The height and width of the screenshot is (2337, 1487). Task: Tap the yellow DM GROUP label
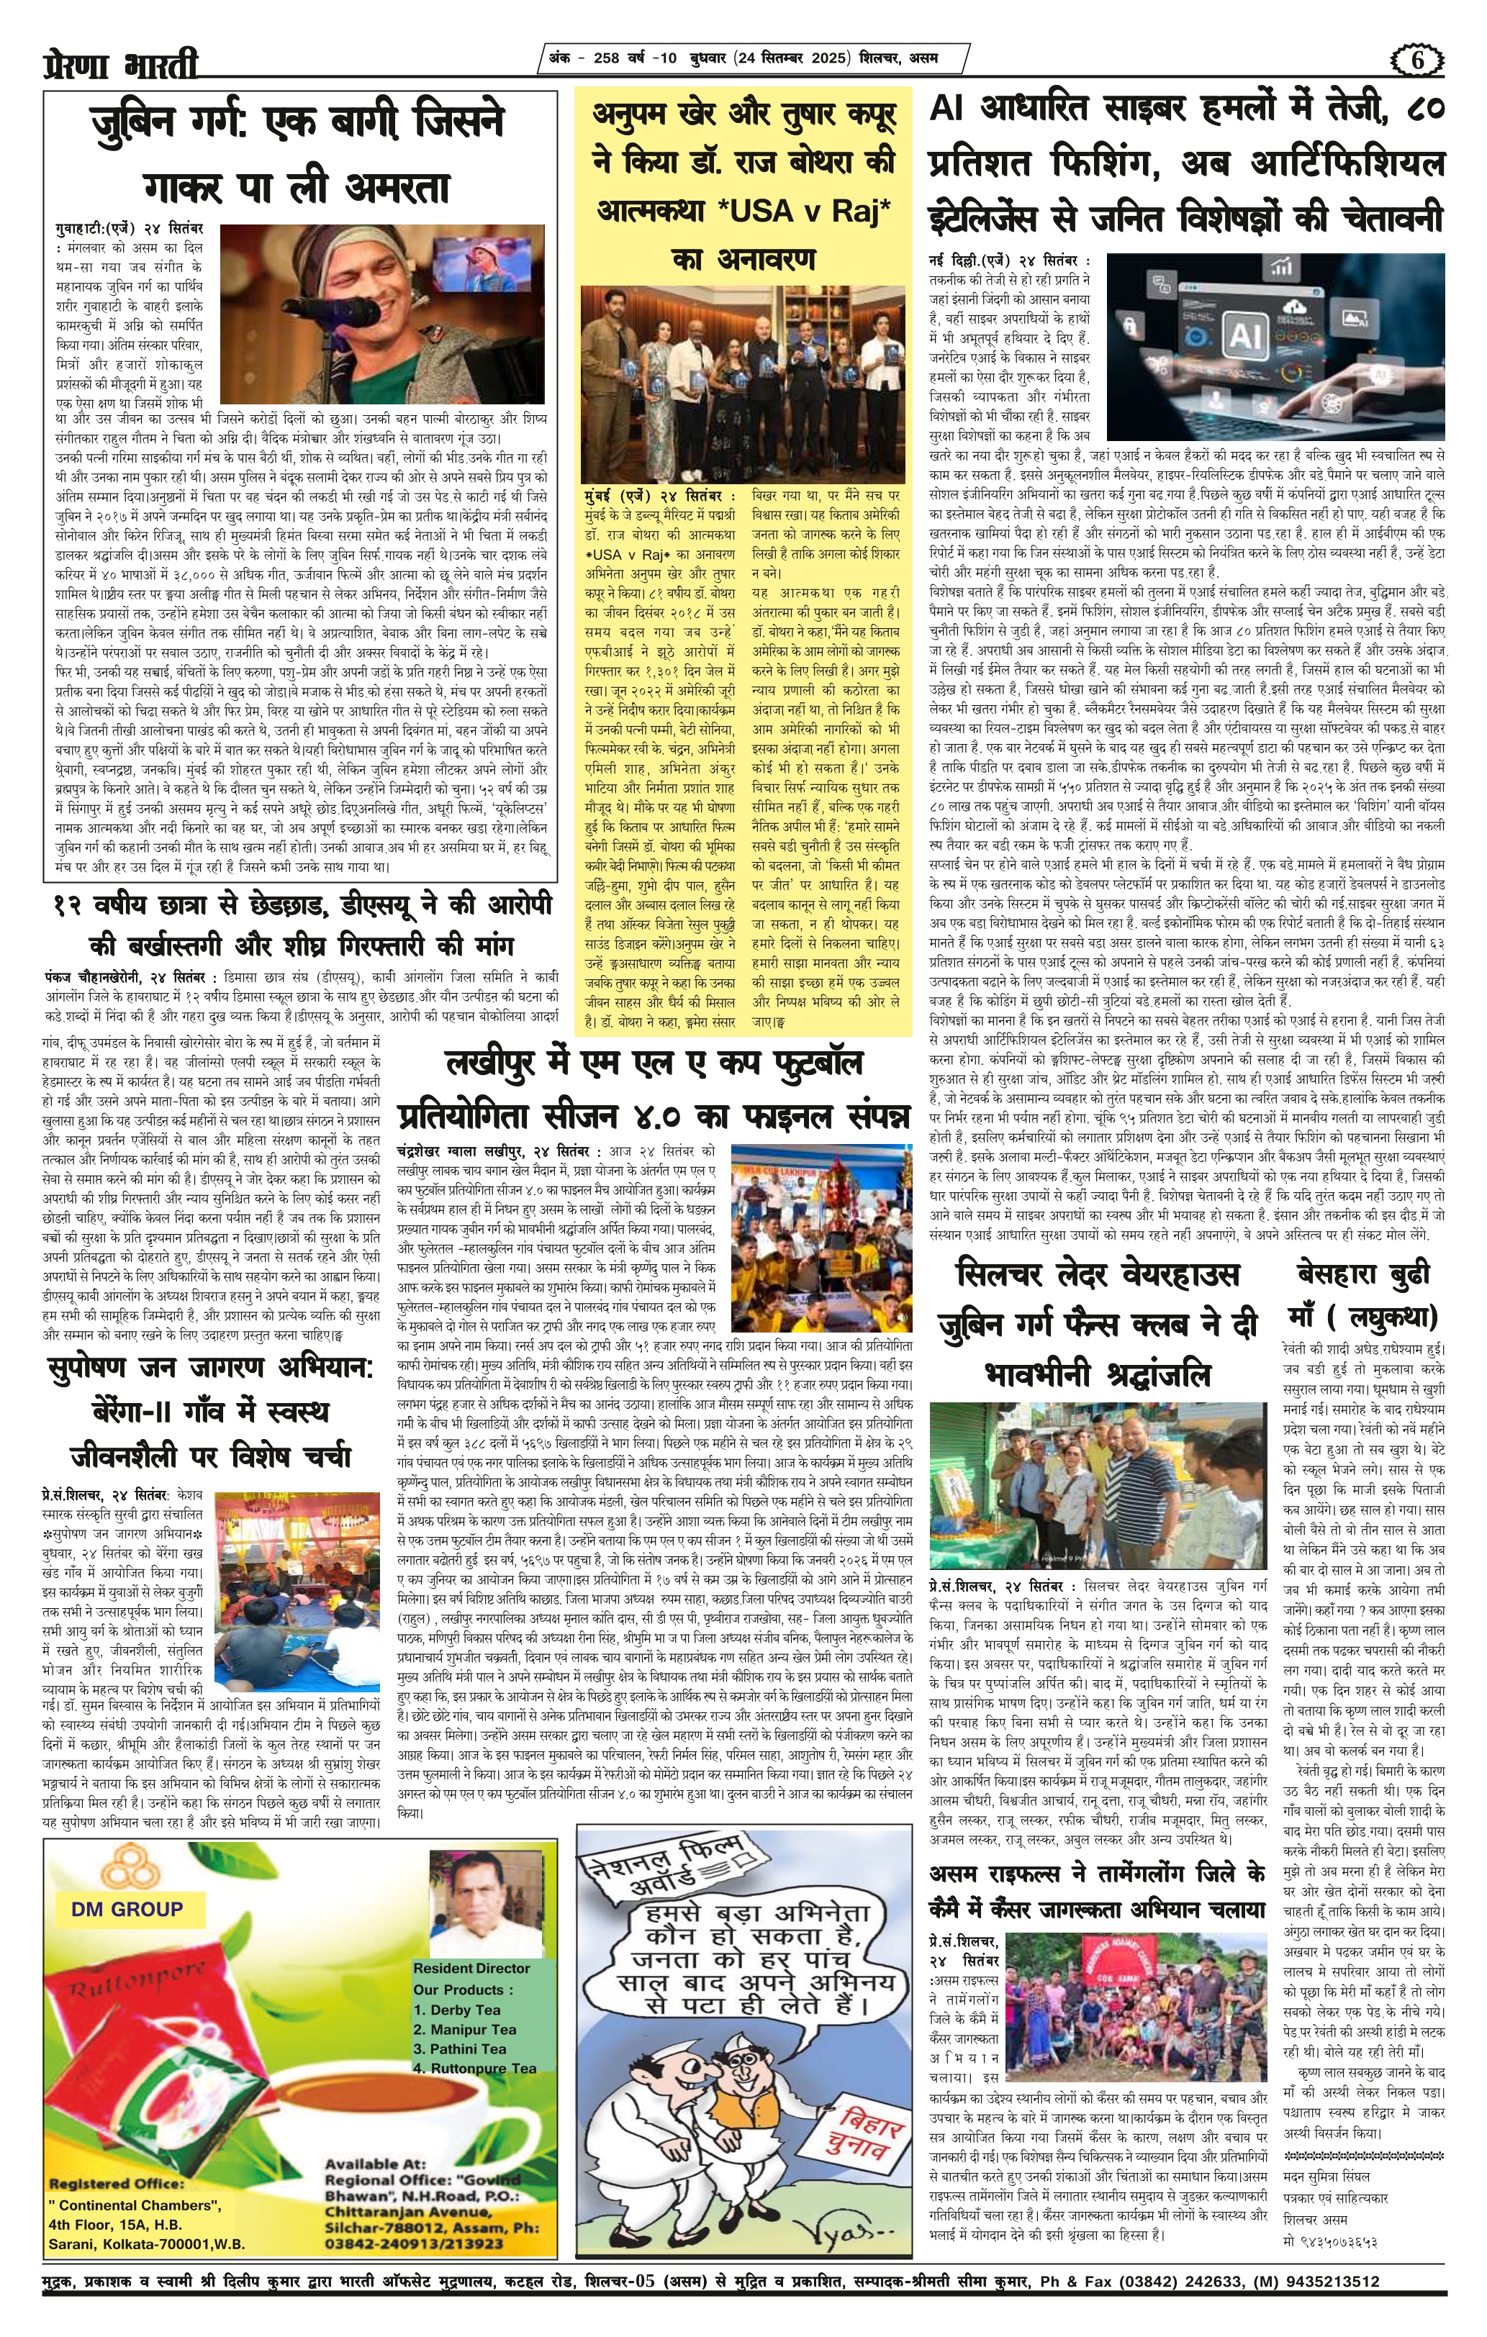coord(126,1909)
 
